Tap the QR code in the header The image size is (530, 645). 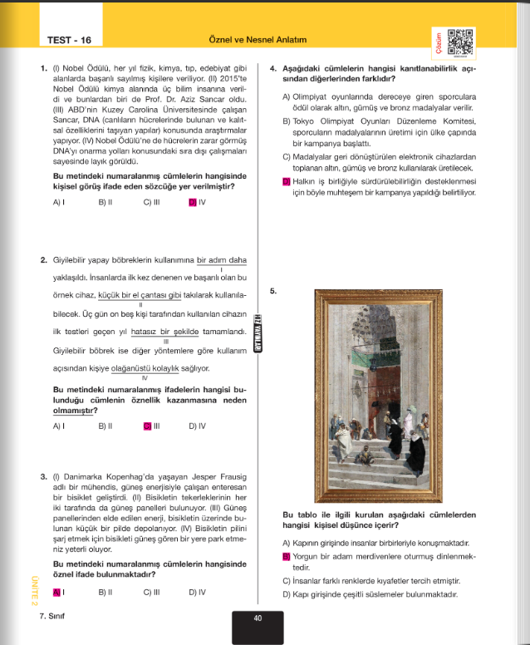tap(459, 42)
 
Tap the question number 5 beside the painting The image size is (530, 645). tap(274, 291)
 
